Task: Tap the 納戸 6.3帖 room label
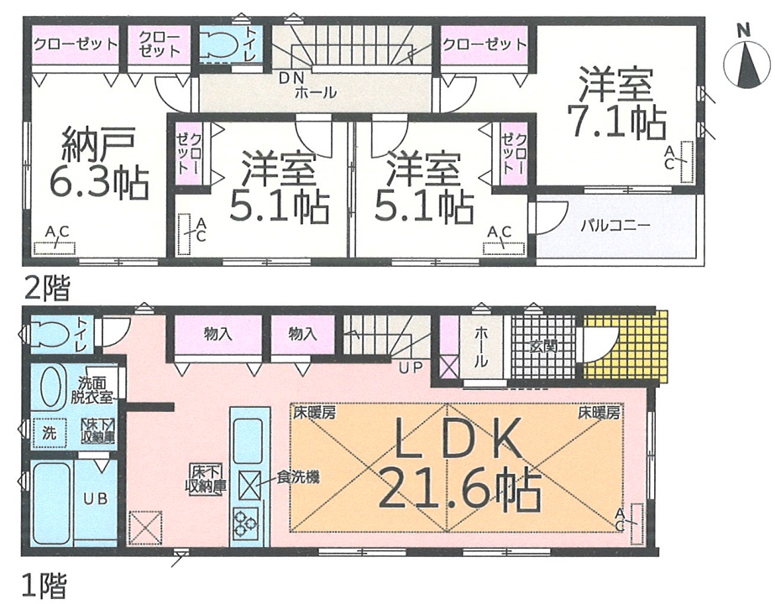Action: (x=98, y=163)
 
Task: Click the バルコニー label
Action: (x=615, y=226)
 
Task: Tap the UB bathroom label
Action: (x=96, y=499)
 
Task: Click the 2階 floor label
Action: (x=47, y=288)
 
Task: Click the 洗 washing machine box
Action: (x=49, y=433)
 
